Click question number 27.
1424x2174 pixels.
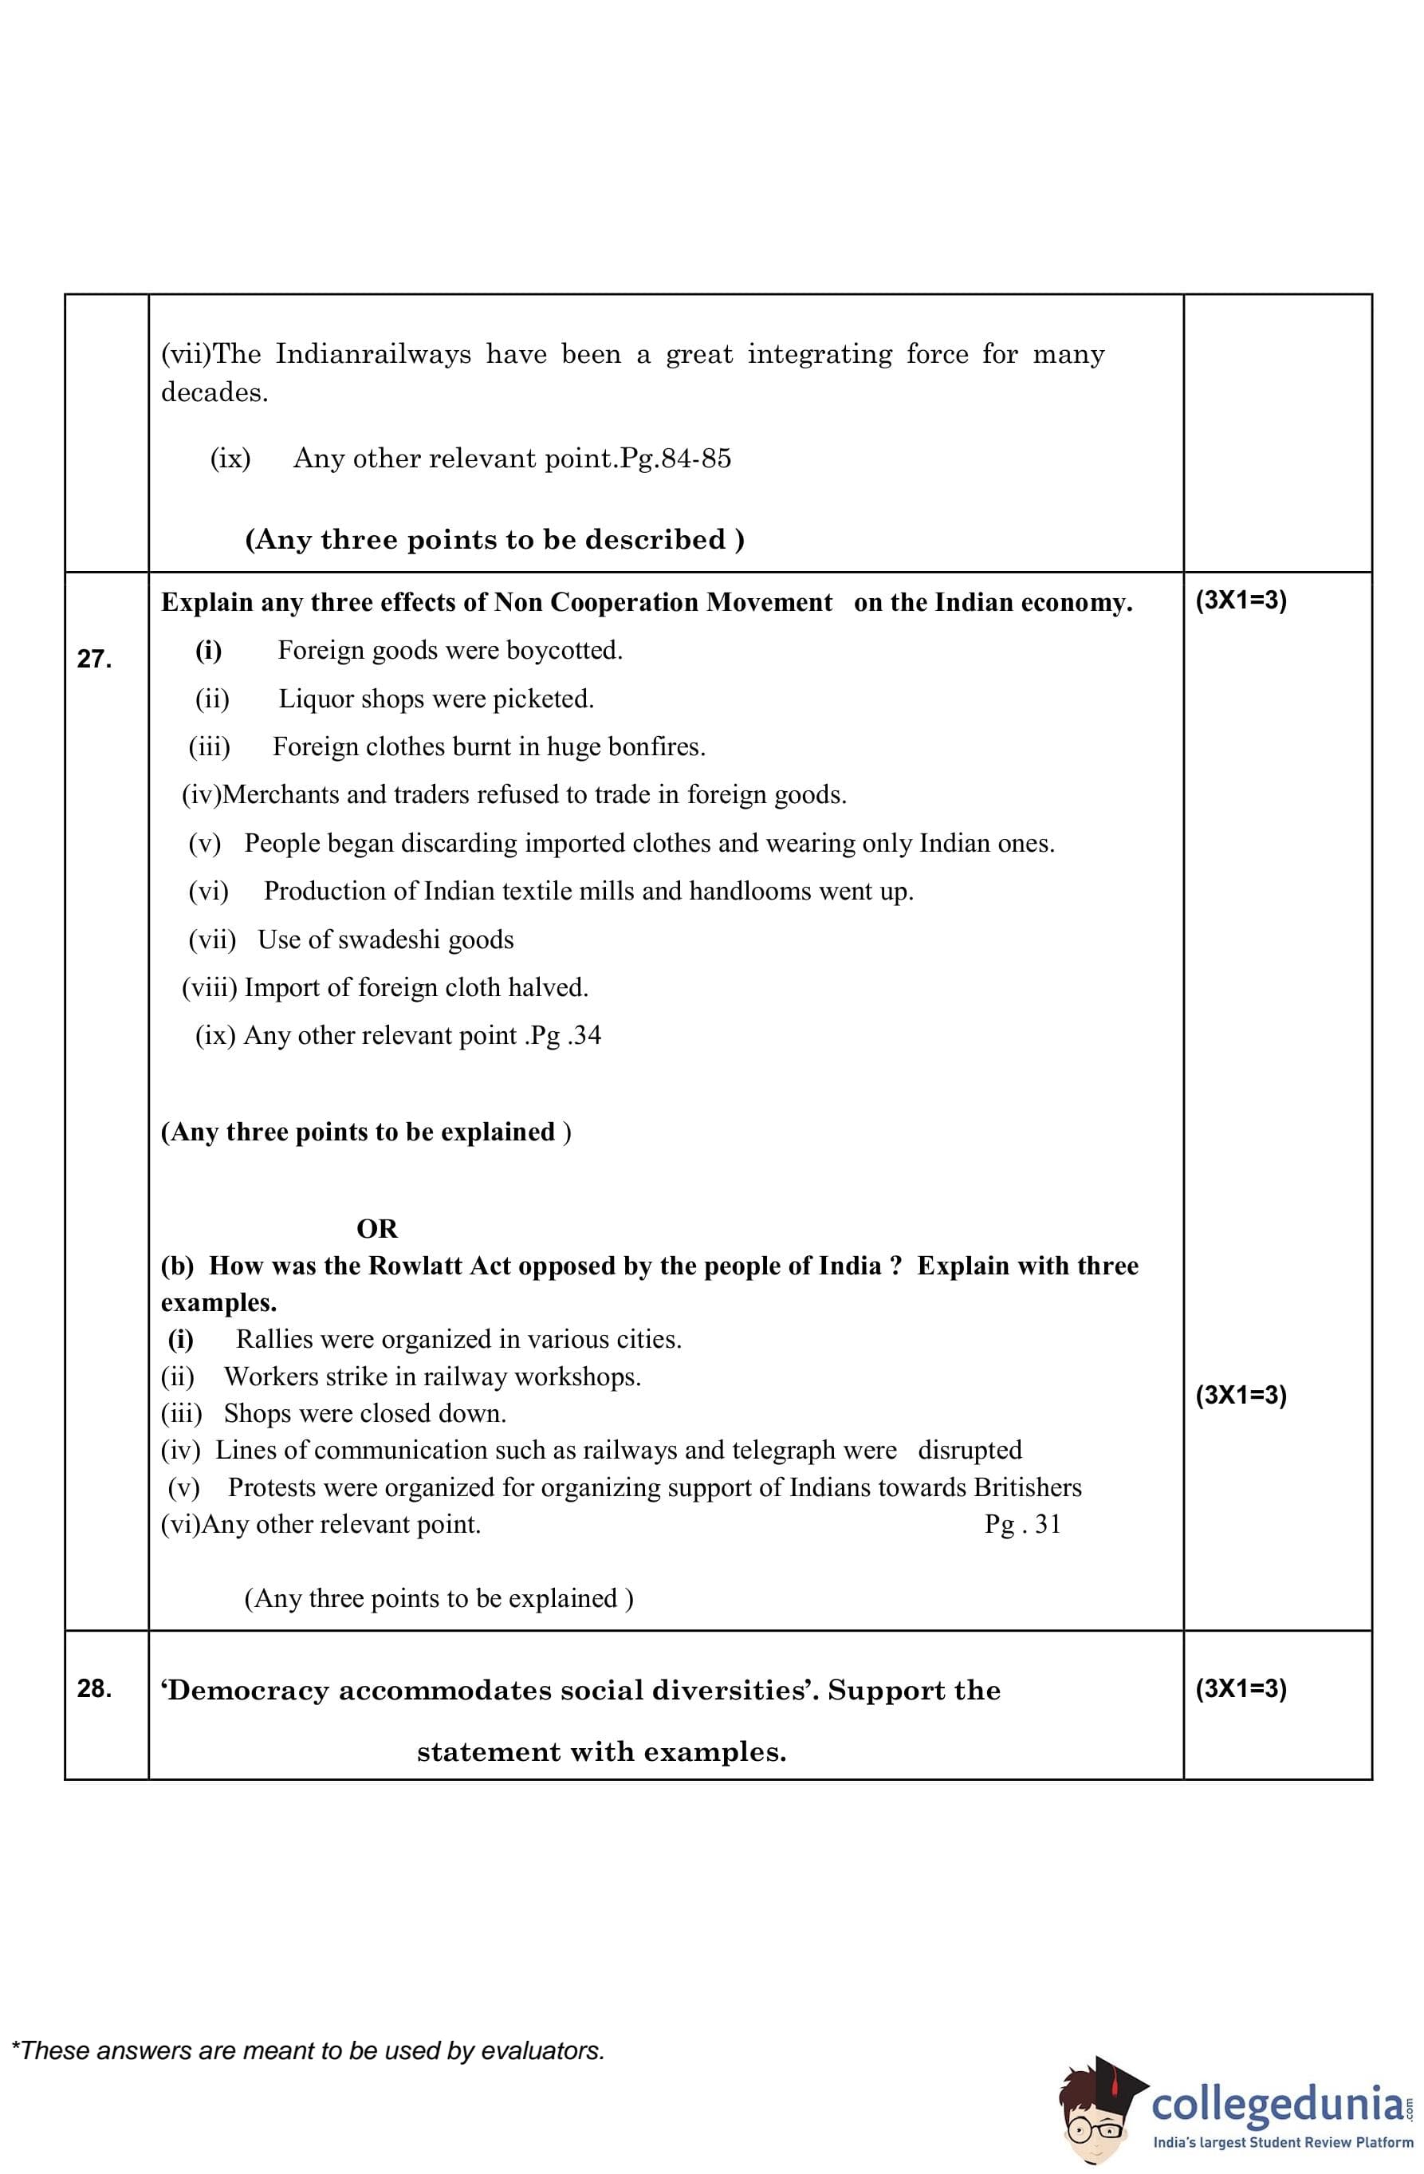coord(94,659)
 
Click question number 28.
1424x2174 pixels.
coord(94,1688)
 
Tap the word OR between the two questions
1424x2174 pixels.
coord(376,1229)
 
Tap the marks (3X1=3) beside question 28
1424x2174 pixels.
coord(1241,1688)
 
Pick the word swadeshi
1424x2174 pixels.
coord(388,940)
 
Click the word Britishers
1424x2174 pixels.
coord(1027,1487)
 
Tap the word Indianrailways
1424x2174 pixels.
coord(374,354)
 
